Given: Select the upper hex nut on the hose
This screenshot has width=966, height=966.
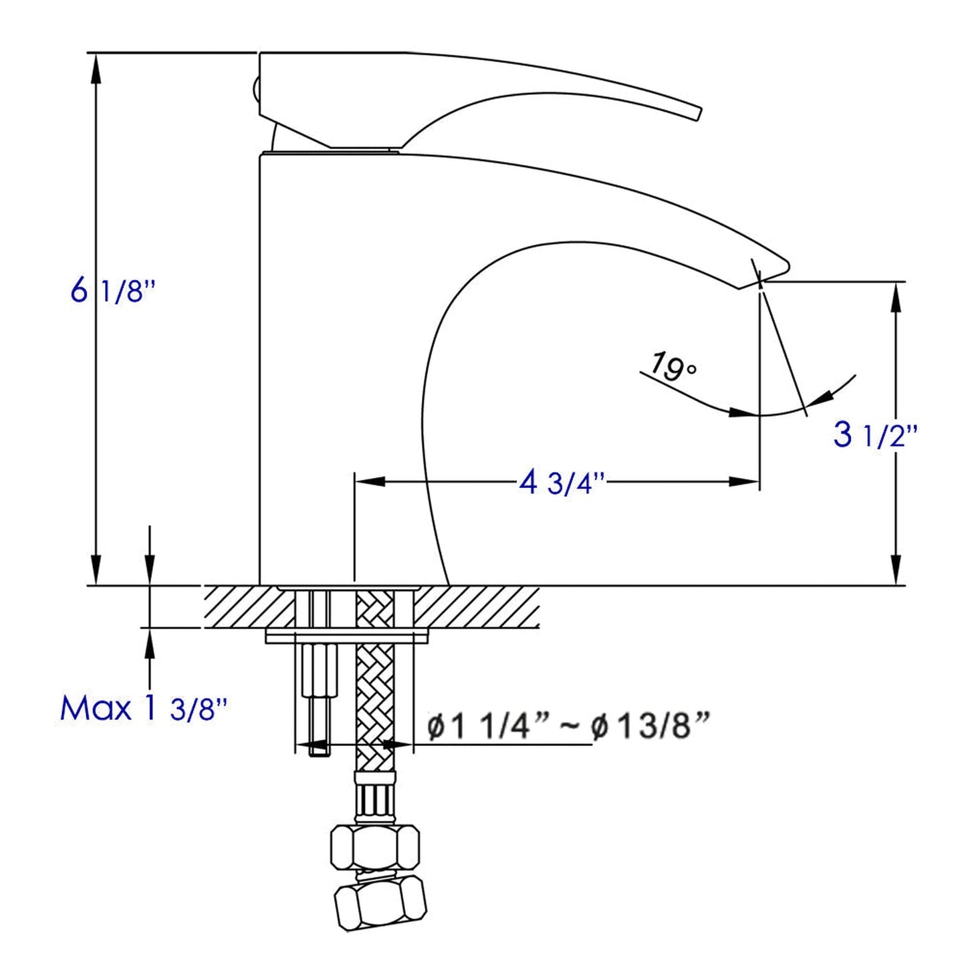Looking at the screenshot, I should tap(375, 847).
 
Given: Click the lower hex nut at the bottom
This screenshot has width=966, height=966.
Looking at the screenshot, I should tap(379, 902).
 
